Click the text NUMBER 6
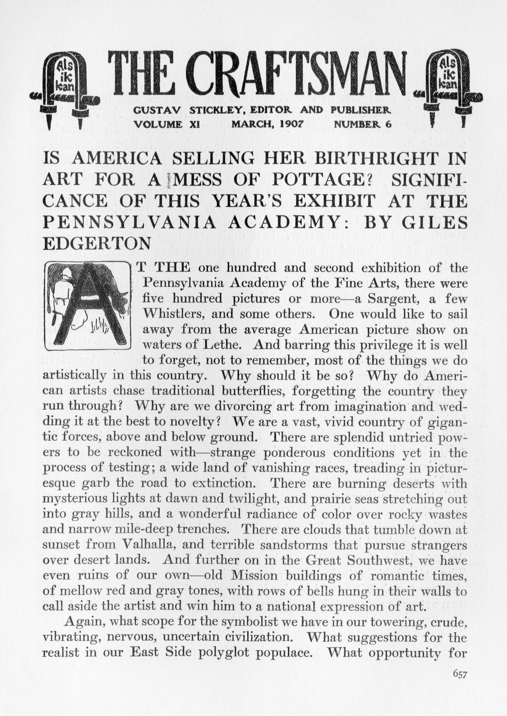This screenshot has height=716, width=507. [362, 124]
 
